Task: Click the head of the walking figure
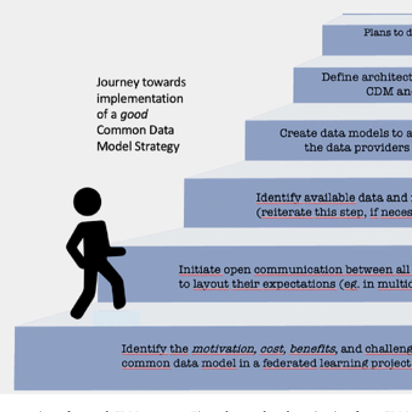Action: pyautogui.click(x=87, y=201)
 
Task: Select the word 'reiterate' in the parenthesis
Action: pyautogui.click(x=281, y=213)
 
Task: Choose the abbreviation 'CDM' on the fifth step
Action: pyautogui.click(x=379, y=91)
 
